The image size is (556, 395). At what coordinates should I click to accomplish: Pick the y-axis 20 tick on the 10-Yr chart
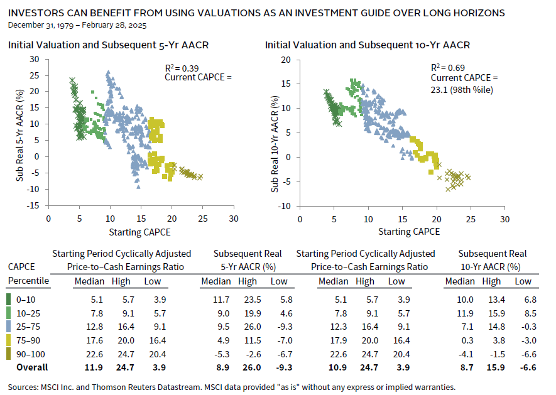[x=290, y=60]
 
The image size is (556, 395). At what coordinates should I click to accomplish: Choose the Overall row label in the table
[x=32, y=367]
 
